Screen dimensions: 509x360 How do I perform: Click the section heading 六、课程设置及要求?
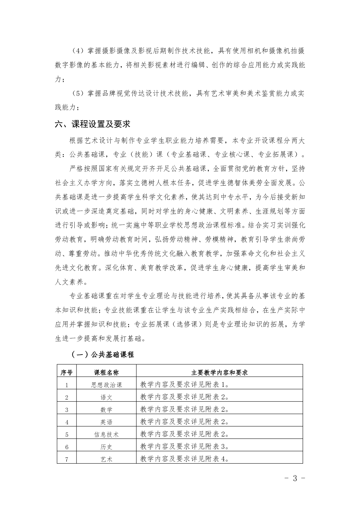[x=92, y=124]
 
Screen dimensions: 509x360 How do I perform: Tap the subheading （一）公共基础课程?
[x=103, y=355]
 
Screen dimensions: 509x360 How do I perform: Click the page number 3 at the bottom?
[x=295, y=478]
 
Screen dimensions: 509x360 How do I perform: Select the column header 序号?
[x=66, y=372]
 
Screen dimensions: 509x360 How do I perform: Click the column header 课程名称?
[x=106, y=372]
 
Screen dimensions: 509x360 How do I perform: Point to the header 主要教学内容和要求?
[x=219, y=372]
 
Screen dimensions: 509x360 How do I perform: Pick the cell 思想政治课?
[x=106, y=385]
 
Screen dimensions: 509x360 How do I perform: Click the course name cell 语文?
[x=106, y=397]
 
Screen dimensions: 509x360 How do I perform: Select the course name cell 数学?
[x=106, y=410]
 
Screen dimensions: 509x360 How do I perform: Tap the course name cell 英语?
[x=106, y=422]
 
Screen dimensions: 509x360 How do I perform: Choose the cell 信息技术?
[x=106, y=434]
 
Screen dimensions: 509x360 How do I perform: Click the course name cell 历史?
[x=106, y=447]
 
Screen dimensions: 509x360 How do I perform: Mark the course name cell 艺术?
[x=106, y=459]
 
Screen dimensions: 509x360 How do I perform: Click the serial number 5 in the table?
[x=67, y=435]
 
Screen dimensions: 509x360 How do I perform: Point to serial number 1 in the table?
[x=67, y=385]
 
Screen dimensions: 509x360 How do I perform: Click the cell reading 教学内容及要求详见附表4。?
[x=184, y=459]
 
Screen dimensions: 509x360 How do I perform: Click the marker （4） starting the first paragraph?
[x=78, y=51]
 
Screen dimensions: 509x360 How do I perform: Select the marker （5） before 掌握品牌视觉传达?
[x=78, y=93]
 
